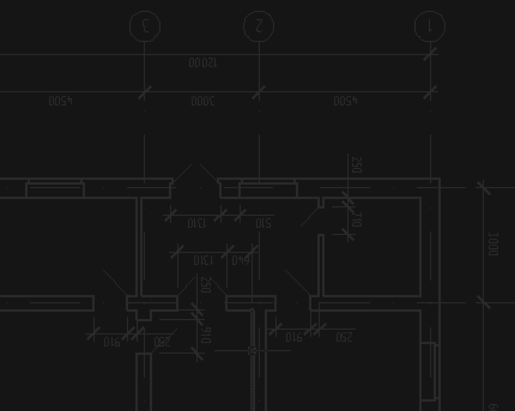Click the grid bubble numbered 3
(x=145, y=26)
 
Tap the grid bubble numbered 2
(x=259, y=26)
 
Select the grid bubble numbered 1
(x=430, y=26)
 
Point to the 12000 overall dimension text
(x=203, y=63)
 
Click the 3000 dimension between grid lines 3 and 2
(x=203, y=101)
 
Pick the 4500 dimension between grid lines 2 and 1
(x=345, y=101)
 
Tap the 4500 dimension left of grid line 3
(x=61, y=101)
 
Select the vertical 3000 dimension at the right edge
(x=493, y=244)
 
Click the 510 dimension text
(x=263, y=223)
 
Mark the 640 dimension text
(x=240, y=261)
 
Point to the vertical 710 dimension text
(x=357, y=219)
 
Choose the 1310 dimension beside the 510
(x=196, y=223)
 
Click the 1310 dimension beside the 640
(x=203, y=261)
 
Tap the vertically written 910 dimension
(x=206, y=335)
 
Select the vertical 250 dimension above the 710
(x=357, y=165)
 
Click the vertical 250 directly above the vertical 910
(x=206, y=285)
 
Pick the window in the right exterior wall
(x=429, y=371)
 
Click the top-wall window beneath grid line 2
(x=268, y=189)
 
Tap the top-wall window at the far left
(x=55, y=189)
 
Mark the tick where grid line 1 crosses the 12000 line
(x=430, y=54)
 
